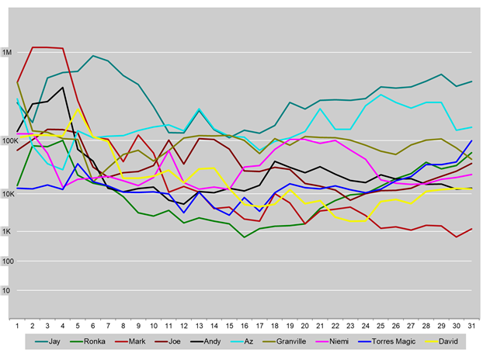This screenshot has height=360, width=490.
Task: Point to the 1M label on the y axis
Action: click(8, 53)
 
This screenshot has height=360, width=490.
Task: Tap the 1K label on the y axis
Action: click(9, 231)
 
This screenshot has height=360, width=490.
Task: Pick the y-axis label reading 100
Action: click(8, 261)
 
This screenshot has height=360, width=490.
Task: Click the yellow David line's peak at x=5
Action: click(78, 109)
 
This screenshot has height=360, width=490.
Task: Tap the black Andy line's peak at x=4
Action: click(63, 88)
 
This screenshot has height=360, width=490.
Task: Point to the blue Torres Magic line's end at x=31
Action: click(471, 140)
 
